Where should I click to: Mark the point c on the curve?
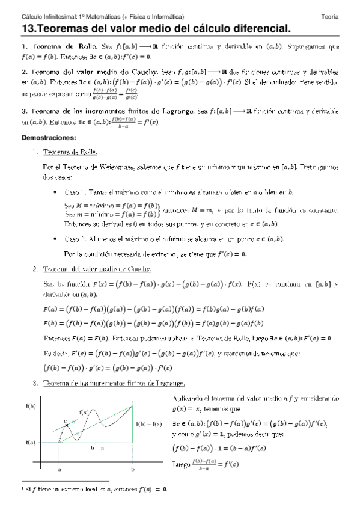click(x=65, y=423)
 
